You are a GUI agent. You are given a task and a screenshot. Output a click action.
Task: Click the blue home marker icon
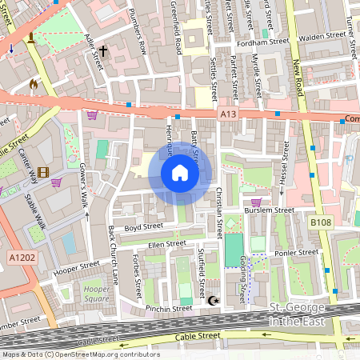tap(180, 173)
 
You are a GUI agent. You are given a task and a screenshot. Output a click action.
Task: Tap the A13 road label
tap(227, 115)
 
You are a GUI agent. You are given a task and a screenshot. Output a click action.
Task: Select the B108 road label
tap(321, 222)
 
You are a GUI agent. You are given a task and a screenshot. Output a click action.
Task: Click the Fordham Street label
tap(268, 41)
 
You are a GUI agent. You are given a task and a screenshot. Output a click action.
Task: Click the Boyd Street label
tap(144, 226)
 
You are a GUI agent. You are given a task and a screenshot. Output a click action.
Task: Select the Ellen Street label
tap(166, 243)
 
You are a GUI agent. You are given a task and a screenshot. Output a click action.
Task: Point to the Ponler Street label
tap(296, 253)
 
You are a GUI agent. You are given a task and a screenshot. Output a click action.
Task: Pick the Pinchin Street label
tap(169, 307)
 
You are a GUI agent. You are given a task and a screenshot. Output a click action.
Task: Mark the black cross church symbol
tap(103, 50)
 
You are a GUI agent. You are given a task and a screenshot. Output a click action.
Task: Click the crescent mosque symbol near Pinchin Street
tap(213, 301)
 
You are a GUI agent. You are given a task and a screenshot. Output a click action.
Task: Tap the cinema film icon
tap(42, 172)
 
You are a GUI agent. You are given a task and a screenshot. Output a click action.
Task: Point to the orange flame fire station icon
tap(33, 82)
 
